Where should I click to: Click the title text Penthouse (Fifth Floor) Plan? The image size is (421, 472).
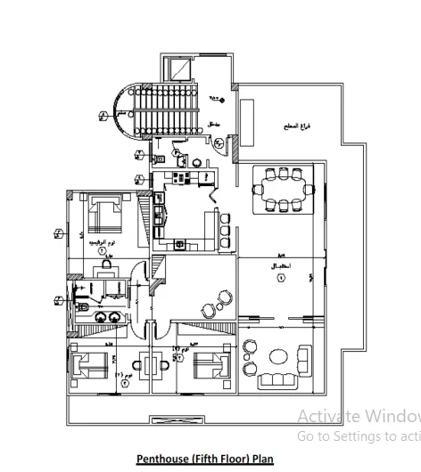point(205,459)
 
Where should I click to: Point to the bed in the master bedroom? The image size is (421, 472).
point(108,214)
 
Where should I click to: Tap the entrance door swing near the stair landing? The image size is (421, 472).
point(217,142)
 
